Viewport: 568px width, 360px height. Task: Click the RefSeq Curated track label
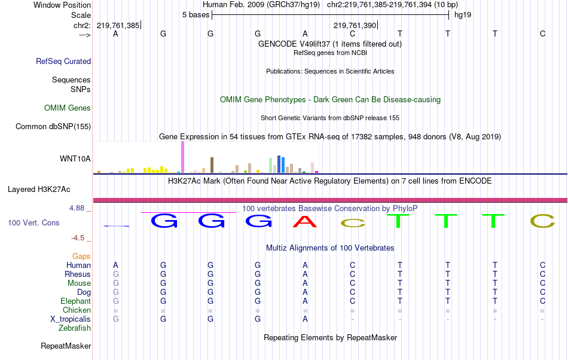click(x=63, y=61)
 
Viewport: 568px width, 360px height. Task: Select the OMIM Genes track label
click(x=68, y=108)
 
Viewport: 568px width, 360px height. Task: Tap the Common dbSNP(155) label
click(x=53, y=126)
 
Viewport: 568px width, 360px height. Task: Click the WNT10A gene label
click(x=75, y=158)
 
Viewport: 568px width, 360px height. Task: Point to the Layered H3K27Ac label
click(x=39, y=190)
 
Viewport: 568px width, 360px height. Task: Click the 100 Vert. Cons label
click(x=33, y=222)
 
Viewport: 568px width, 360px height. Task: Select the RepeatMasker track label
click(x=66, y=346)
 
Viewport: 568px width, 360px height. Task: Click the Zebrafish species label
click(x=75, y=328)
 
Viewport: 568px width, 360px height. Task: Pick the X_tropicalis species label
click(x=71, y=319)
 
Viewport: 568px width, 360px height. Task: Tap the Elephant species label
click(x=75, y=301)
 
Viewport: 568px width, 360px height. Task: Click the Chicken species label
click(x=77, y=310)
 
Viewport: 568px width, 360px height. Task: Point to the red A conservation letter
click(x=305, y=221)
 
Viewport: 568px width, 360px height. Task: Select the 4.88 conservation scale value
click(x=78, y=208)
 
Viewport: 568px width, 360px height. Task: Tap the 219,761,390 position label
click(x=355, y=25)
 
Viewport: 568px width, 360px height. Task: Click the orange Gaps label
click(x=81, y=256)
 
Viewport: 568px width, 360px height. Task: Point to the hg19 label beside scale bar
click(x=463, y=14)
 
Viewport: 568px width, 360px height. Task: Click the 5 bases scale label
click(x=196, y=14)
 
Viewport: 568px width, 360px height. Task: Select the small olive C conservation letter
click(x=352, y=224)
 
